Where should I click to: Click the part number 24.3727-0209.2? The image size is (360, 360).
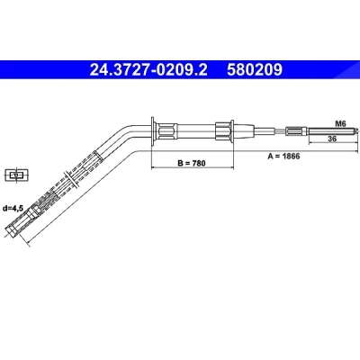pyautogui.click(x=148, y=70)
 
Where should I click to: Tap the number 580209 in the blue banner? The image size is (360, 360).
pyautogui.click(x=255, y=70)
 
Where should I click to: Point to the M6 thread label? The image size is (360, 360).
pyautogui.click(x=340, y=123)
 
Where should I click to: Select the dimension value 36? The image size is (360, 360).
pyautogui.click(x=332, y=139)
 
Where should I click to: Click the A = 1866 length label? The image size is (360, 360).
pyautogui.click(x=283, y=156)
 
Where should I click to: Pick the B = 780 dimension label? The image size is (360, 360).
pyautogui.click(x=192, y=163)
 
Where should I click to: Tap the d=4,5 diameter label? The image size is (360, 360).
pyautogui.click(x=13, y=208)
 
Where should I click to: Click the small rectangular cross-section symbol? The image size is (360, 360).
pyautogui.click(x=16, y=175)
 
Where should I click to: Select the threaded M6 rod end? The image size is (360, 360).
pyautogui.click(x=332, y=130)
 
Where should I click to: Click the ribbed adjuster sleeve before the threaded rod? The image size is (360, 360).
pyautogui.click(x=296, y=130)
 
